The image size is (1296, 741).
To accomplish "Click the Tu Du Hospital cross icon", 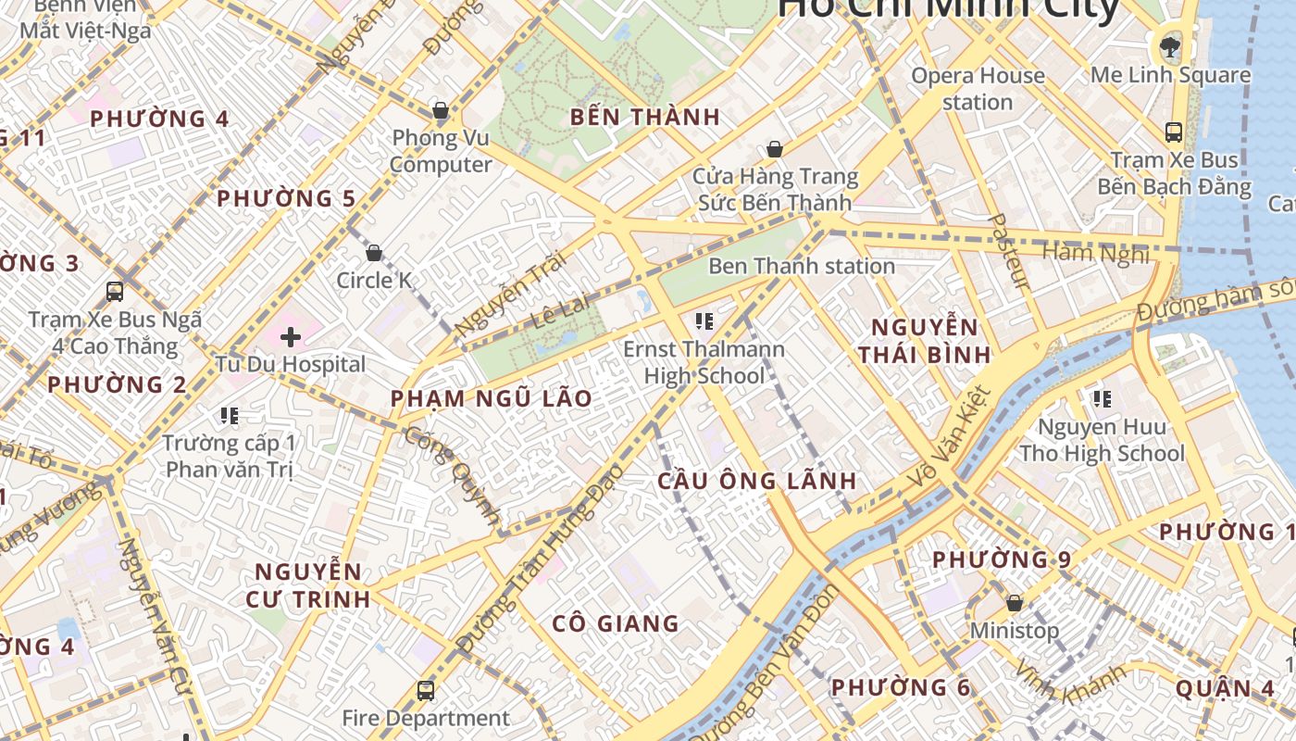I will [x=291, y=336].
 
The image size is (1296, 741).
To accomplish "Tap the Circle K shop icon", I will [x=374, y=253].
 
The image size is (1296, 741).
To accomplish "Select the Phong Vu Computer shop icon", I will [x=441, y=112].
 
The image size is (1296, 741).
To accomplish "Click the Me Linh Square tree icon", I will [x=1170, y=46].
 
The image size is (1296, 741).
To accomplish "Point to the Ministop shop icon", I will [x=1014, y=603].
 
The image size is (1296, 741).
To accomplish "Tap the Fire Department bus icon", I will [x=425, y=690].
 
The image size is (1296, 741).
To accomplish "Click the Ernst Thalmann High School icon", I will [x=704, y=321].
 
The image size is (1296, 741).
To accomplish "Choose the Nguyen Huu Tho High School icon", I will [x=1101, y=399].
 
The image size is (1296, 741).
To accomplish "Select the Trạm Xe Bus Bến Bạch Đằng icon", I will [x=1174, y=132].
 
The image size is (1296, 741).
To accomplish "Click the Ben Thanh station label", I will [x=802, y=267].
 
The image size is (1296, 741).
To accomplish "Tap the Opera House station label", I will [x=978, y=89].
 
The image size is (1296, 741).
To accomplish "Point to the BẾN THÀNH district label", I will [x=644, y=118].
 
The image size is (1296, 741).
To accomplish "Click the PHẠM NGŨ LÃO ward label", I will [x=491, y=399].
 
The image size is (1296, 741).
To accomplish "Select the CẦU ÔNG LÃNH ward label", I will [x=756, y=482].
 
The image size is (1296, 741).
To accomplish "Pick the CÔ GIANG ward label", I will [x=616, y=623].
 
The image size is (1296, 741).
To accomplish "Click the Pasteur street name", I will [x=1008, y=250].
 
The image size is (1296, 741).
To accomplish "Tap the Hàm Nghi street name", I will [x=1095, y=252].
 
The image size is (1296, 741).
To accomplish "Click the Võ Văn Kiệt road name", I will [x=951, y=436].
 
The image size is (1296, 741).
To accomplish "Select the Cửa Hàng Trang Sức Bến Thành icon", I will [x=774, y=149].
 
